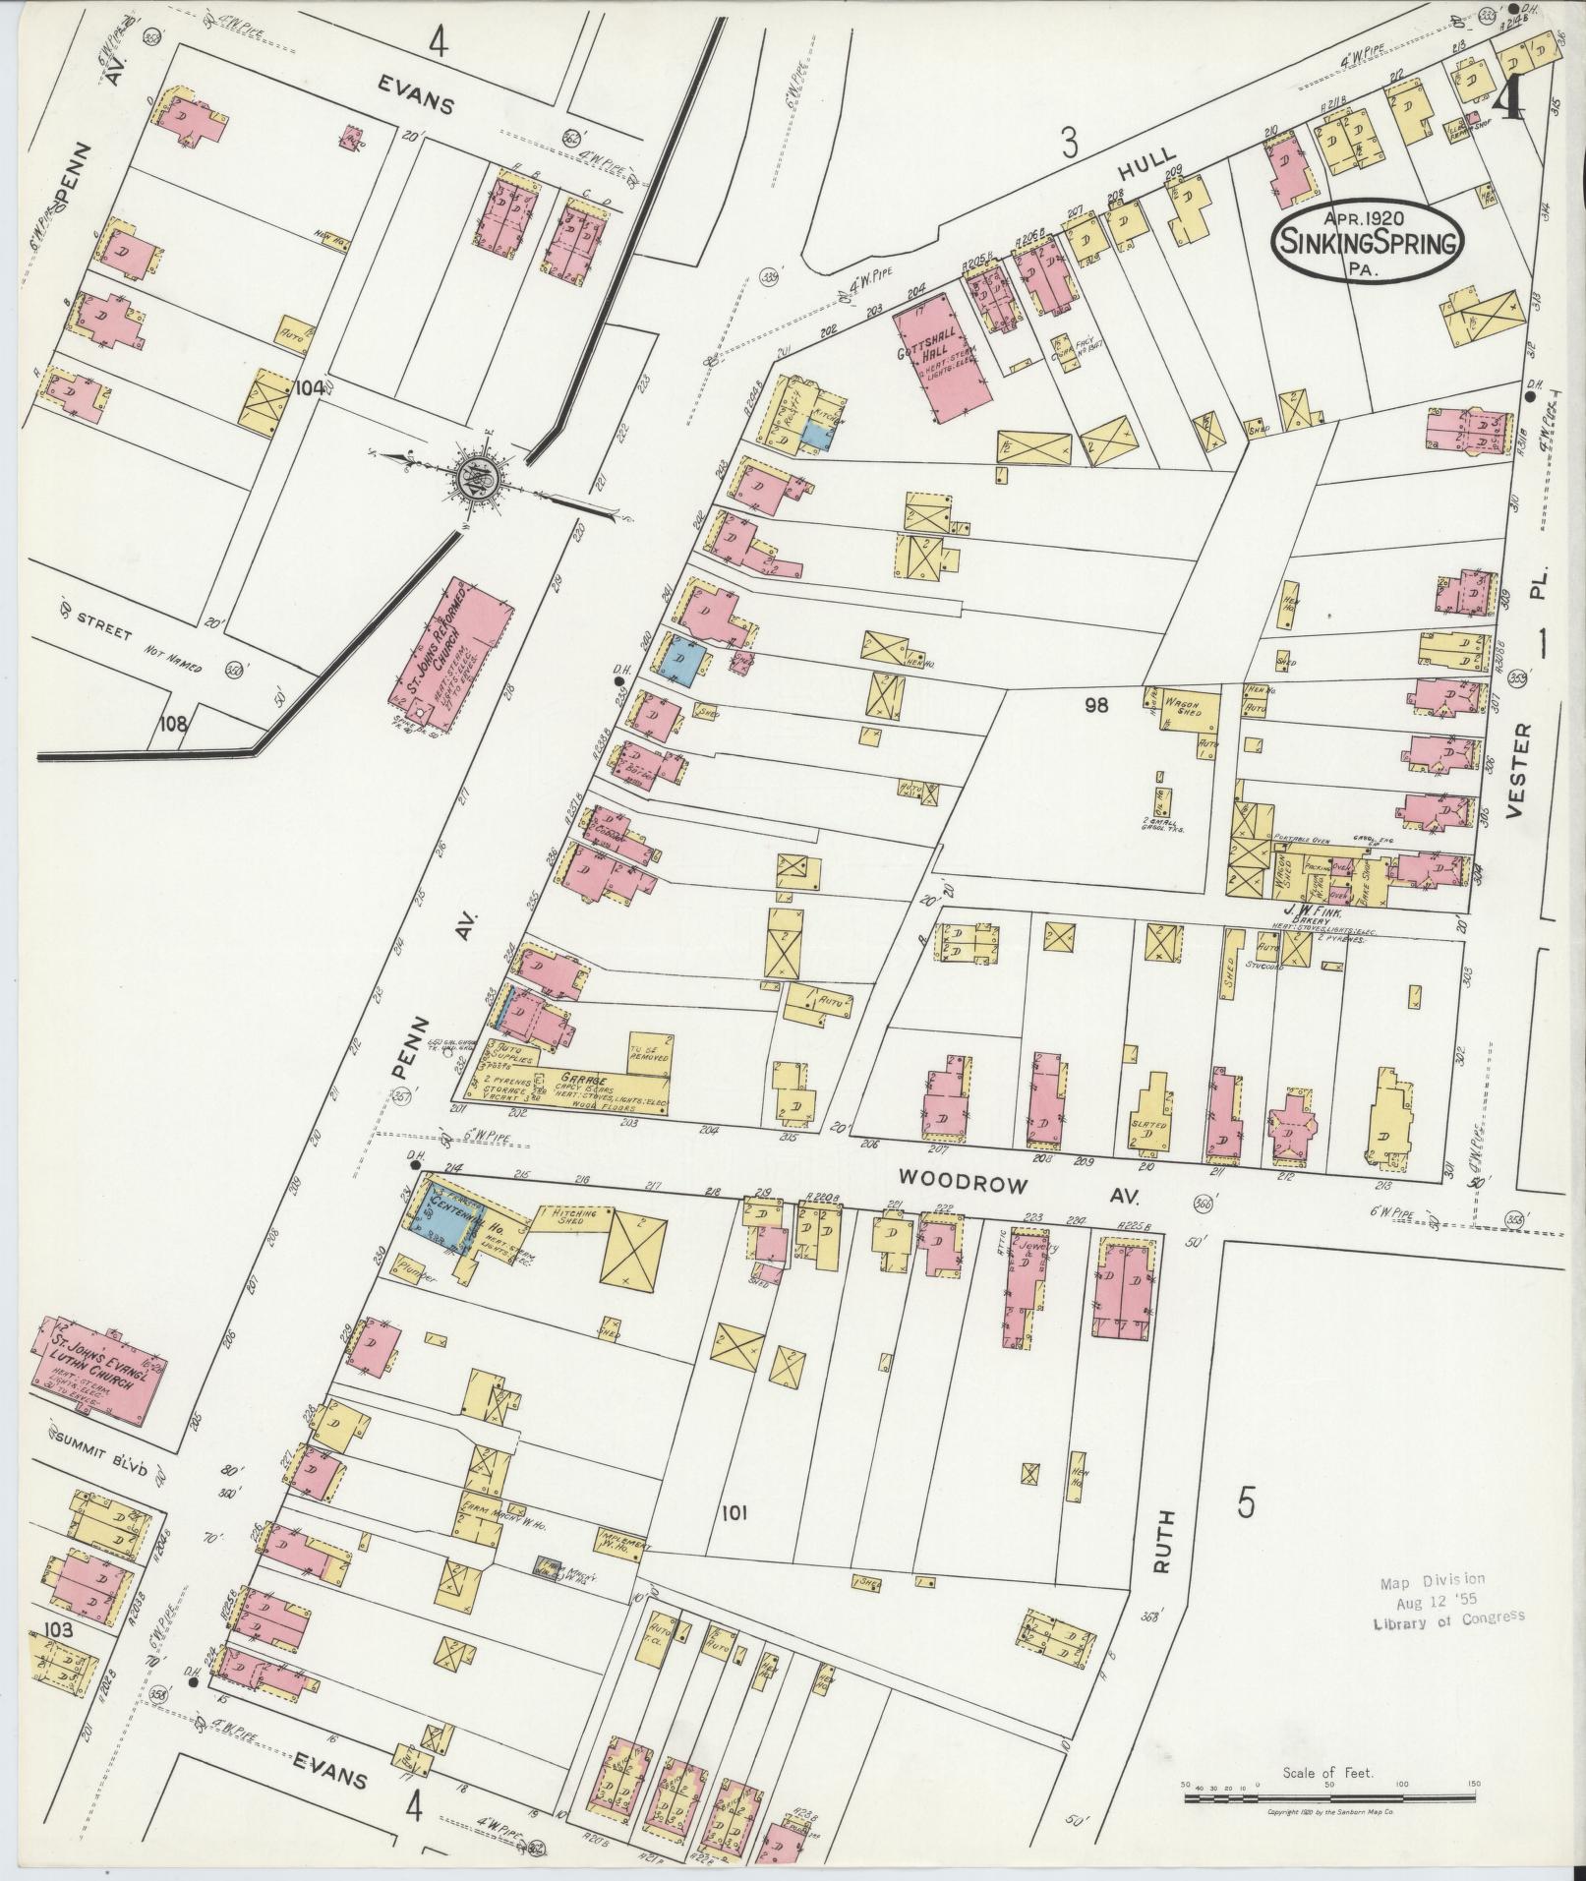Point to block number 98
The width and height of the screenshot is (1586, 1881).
1098,704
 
